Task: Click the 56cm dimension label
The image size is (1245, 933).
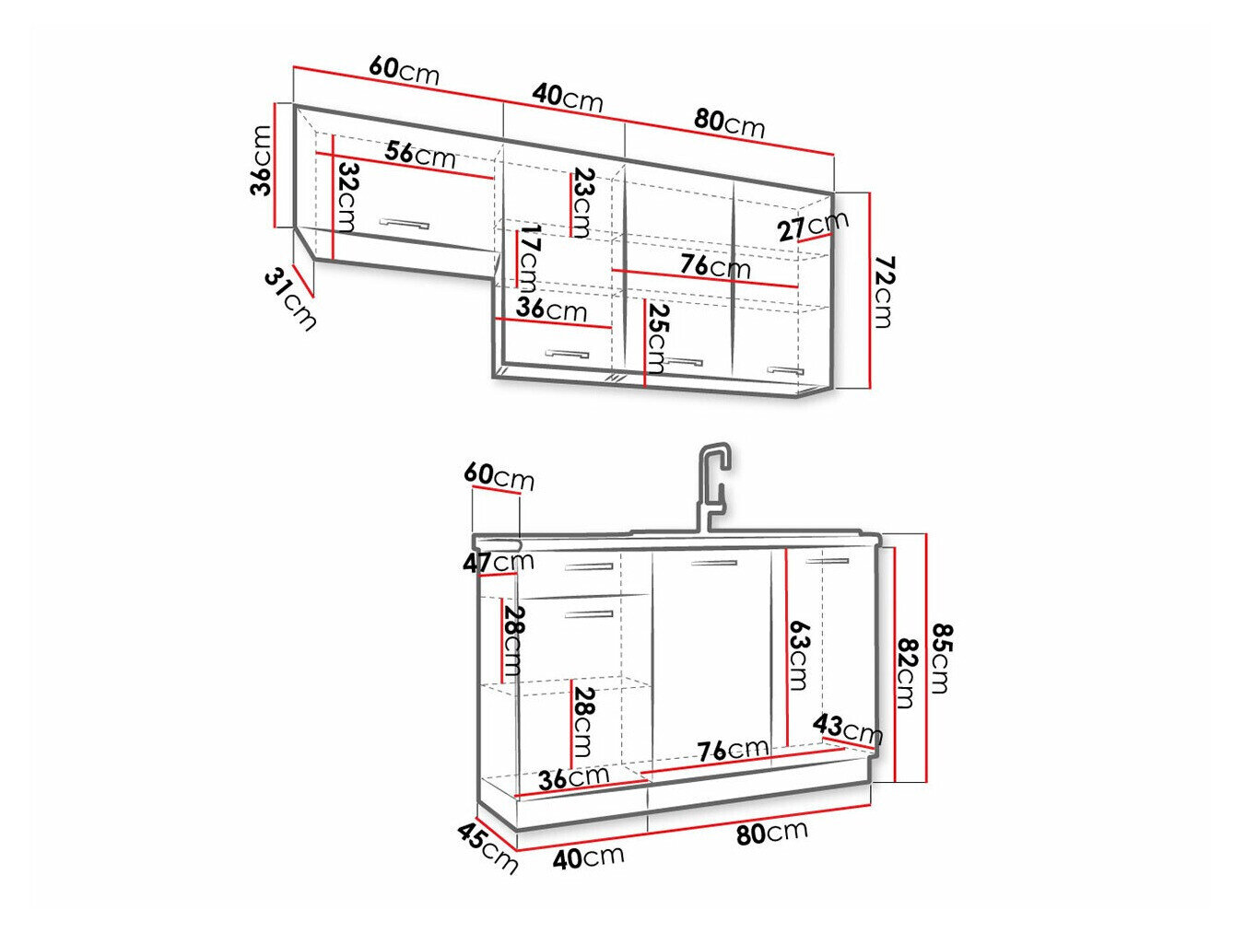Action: tap(420, 154)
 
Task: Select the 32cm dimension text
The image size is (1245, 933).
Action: tap(346, 197)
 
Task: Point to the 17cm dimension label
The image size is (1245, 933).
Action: tap(530, 258)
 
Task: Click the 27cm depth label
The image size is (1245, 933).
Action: tap(813, 225)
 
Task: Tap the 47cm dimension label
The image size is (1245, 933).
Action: tap(499, 562)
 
